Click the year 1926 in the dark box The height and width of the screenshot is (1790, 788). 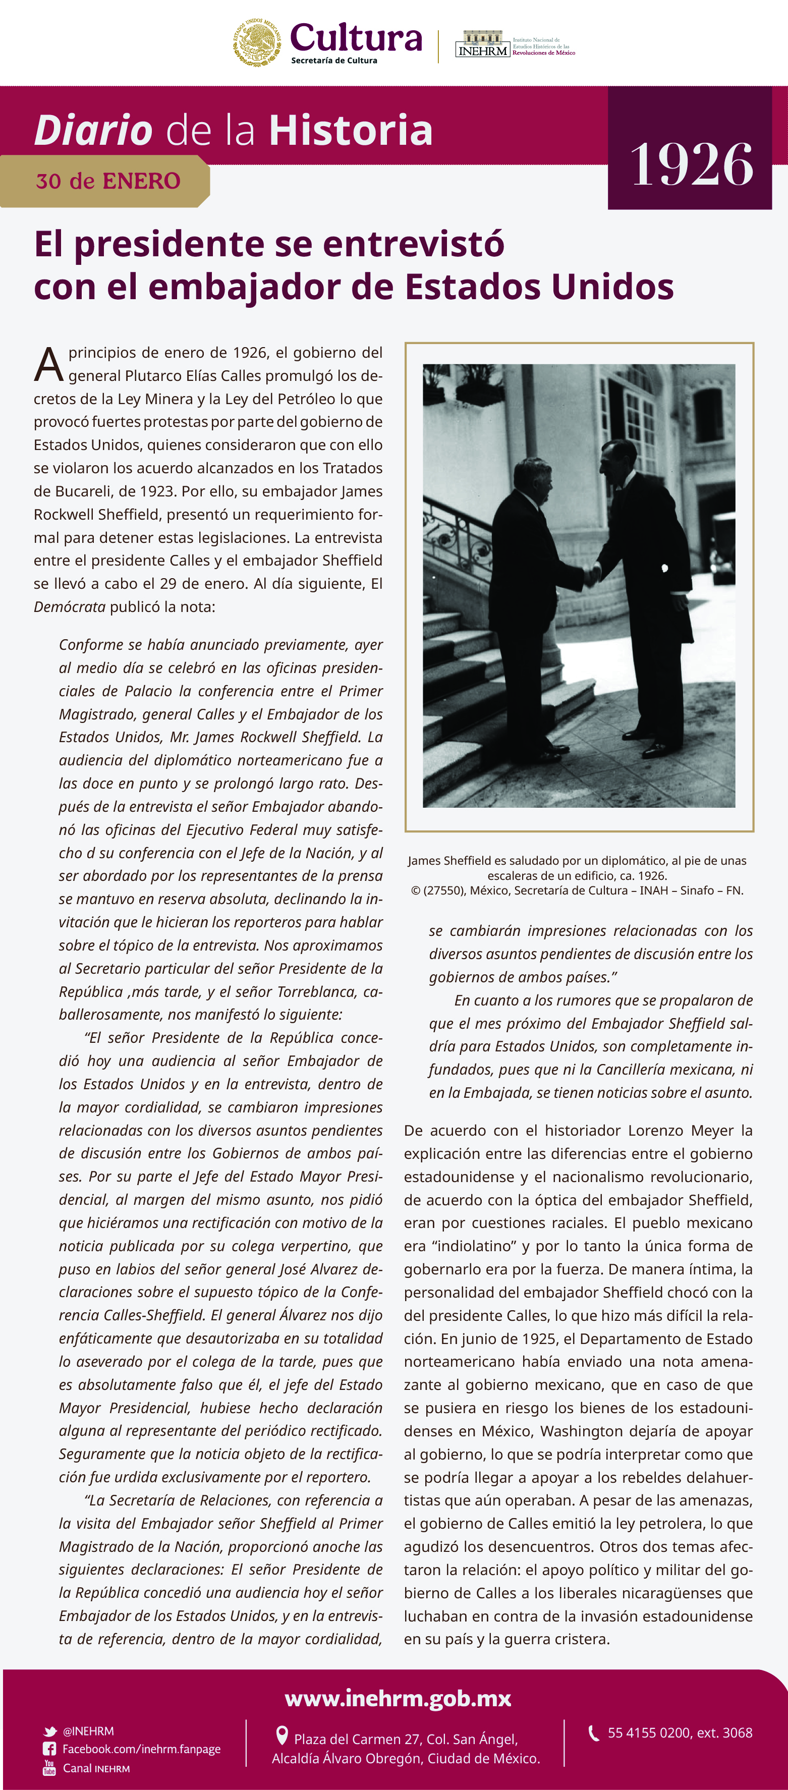tap(692, 164)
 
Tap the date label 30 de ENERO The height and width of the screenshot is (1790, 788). tap(108, 181)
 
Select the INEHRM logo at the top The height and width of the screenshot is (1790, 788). tap(483, 44)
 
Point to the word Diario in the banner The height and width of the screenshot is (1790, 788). tap(93, 131)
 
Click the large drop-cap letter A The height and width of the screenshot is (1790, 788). tap(48, 365)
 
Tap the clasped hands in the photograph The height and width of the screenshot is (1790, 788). tap(591, 575)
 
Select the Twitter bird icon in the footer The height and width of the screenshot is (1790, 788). tap(50, 1731)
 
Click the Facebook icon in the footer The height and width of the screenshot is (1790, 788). tap(50, 1749)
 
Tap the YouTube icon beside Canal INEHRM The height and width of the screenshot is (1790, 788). tap(49, 1768)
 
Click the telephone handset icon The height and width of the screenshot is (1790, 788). tap(594, 1733)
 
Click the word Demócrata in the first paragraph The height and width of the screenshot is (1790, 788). tap(70, 606)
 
